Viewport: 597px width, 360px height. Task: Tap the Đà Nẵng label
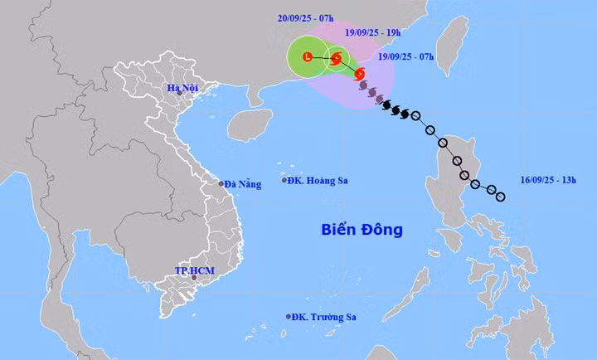tap(243, 184)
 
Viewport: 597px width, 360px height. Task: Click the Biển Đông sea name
tap(362, 229)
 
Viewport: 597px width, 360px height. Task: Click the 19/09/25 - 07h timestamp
tap(406, 57)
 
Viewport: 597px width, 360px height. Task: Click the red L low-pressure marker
tap(308, 57)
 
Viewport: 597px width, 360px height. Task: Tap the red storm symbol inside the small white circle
tap(336, 59)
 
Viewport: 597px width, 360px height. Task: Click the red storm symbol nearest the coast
tap(360, 75)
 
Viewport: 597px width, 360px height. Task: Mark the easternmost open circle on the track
tap(500, 197)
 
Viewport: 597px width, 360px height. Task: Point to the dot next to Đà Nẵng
tap(221, 184)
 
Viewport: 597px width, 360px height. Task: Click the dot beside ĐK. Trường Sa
tap(289, 316)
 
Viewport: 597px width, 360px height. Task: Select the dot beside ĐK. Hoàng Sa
tap(284, 180)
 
